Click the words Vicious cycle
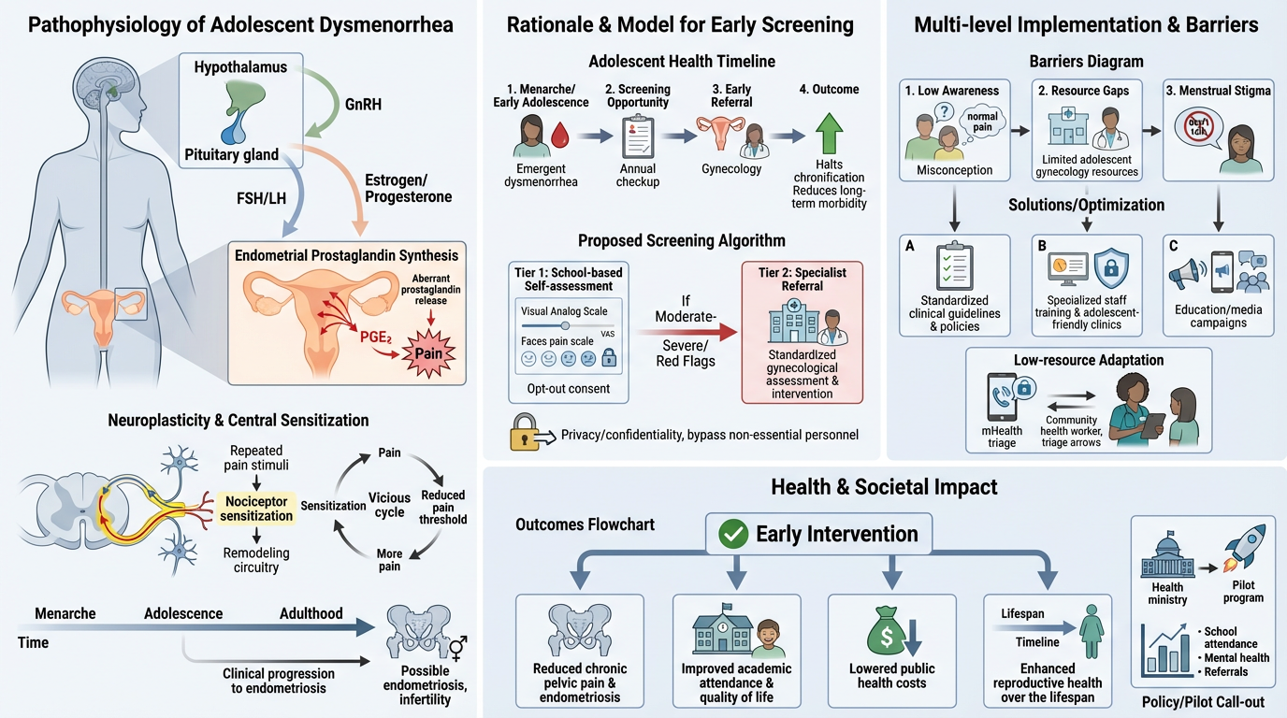(x=389, y=505)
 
